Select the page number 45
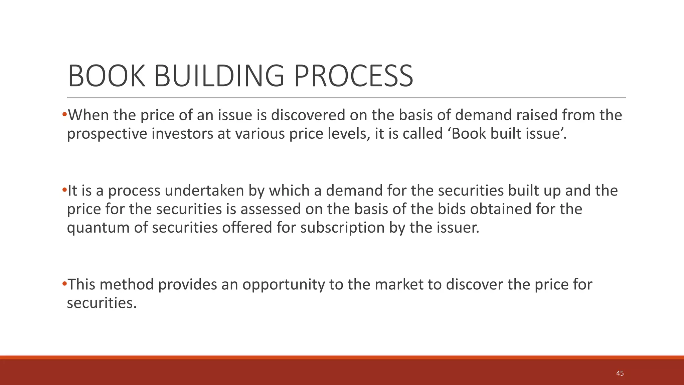620,373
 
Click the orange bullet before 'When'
64,115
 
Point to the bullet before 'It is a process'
64,190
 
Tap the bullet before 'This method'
64,284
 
